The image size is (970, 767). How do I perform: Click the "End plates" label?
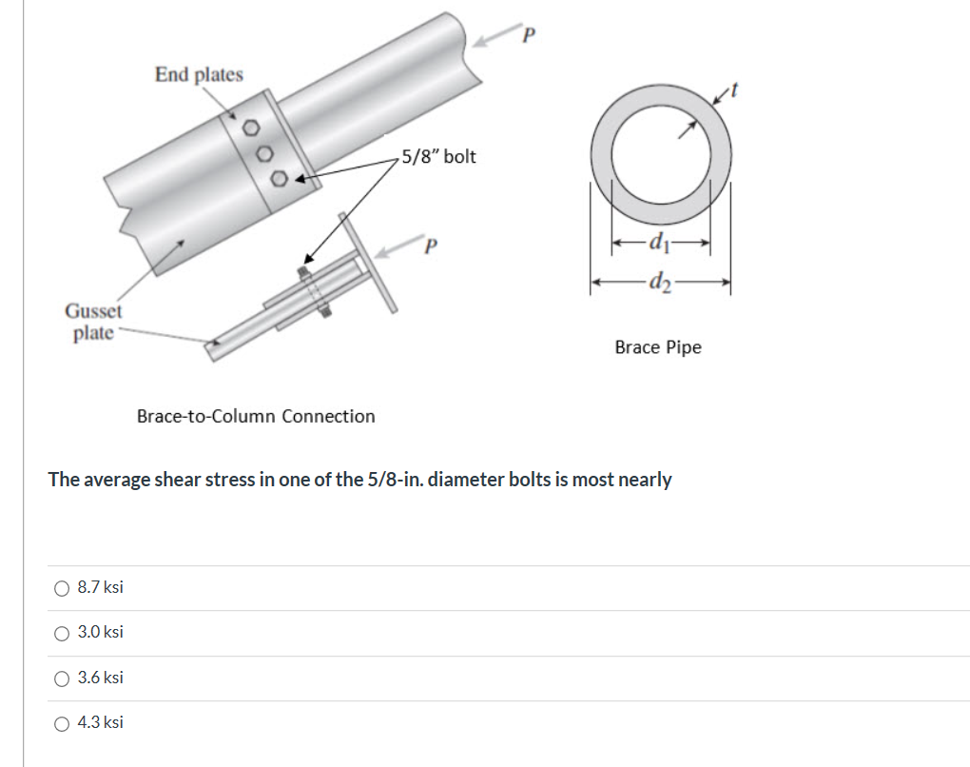[x=199, y=74]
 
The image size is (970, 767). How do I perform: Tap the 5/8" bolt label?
[x=437, y=156]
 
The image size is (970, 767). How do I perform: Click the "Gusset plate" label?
[x=93, y=322]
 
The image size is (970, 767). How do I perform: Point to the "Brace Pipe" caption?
[x=657, y=347]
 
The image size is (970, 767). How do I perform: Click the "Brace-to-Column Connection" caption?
[x=256, y=416]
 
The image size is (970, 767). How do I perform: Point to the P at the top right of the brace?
[x=530, y=34]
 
